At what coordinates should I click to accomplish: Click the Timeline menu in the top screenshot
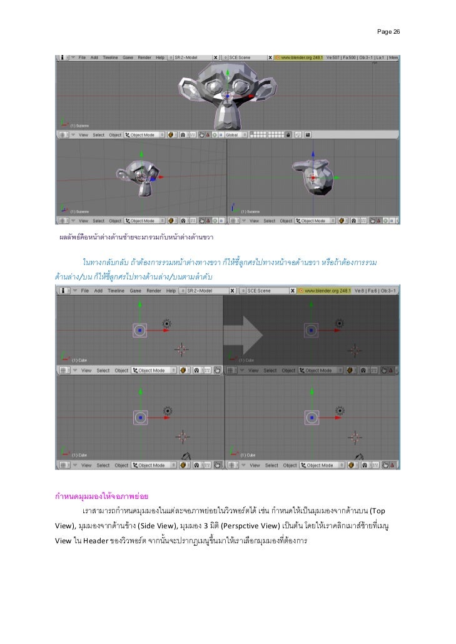pos(110,57)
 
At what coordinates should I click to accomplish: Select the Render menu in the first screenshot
pos(144,57)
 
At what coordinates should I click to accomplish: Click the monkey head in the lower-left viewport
pos(141,178)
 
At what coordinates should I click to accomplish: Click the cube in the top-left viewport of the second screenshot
pos(139,330)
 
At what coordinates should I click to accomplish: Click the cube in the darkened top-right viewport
pos(311,330)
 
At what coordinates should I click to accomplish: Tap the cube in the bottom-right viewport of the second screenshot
pos(311,417)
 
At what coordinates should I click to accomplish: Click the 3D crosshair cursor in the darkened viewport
pos(353,350)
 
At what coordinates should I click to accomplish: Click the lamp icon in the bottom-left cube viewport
pos(166,410)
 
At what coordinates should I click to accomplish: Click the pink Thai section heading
pos(101,498)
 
